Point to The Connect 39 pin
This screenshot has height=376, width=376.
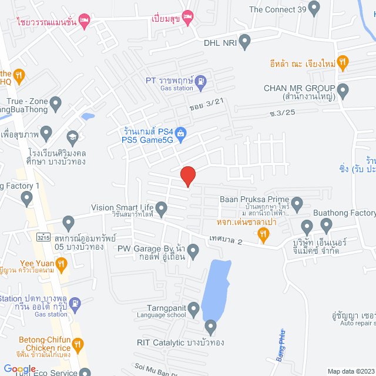click(x=314, y=9)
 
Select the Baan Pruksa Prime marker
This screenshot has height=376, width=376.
click(x=297, y=205)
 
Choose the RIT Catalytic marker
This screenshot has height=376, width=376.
click(x=211, y=326)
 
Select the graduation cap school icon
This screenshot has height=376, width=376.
click(x=72, y=137)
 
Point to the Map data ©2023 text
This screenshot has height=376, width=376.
click(x=350, y=371)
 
